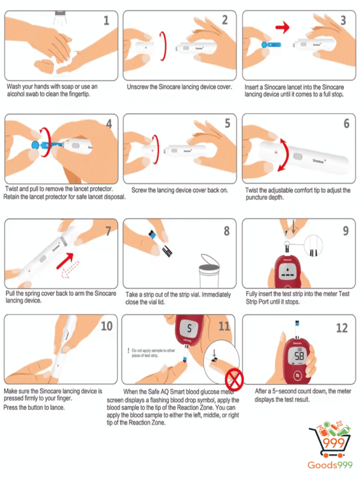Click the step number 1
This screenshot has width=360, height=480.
106,20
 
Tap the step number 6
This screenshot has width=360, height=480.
346,124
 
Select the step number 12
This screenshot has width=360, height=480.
342,328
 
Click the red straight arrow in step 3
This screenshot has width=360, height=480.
282,27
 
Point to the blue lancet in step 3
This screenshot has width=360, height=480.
271,45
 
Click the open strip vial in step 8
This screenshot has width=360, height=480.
209,271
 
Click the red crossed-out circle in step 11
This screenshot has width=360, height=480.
234,380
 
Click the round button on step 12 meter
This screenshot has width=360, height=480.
298,376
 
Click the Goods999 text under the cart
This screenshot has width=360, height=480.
330,466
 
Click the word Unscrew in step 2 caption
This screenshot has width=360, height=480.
137,87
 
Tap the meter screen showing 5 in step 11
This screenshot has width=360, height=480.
189,328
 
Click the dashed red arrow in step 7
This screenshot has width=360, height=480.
70,269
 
